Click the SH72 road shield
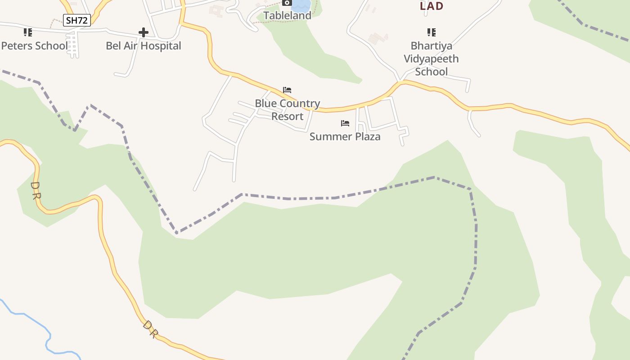click(x=77, y=20)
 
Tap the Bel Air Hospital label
click(x=143, y=46)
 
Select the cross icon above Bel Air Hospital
click(x=144, y=32)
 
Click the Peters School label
click(x=34, y=46)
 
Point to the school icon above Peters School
click(x=28, y=32)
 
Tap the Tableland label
click(x=287, y=16)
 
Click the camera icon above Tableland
click(x=287, y=3)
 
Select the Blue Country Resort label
click(x=287, y=110)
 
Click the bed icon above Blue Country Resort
click(x=287, y=90)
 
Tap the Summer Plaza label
click(x=345, y=137)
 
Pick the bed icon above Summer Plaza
click(x=345, y=123)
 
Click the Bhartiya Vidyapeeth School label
click(x=431, y=58)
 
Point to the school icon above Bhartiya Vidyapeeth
click(x=432, y=32)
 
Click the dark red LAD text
click(x=431, y=6)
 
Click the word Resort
click(x=287, y=117)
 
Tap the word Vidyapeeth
click(x=431, y=59)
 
